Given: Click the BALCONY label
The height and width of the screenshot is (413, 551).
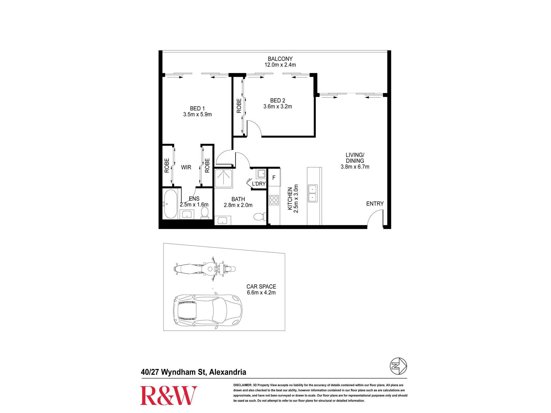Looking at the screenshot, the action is pyautogui.click(x=280, y=59).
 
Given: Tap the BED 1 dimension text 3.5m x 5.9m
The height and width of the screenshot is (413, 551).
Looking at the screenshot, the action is pyautogui.click(x=198, y=114).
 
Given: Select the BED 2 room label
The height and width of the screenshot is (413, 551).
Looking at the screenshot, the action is pyautogui.click(x=278, y=100).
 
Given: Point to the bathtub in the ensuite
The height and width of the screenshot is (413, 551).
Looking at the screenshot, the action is pyautogui.click(x=171, y=204).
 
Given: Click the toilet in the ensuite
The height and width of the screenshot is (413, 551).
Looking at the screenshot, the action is pyautogui.click(x=205, y=213).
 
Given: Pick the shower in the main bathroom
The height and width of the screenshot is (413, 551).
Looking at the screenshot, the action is pyautogui.click(x=223, y=179).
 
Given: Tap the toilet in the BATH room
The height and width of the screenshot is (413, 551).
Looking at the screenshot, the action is pyautogui.click(x=260, y=216).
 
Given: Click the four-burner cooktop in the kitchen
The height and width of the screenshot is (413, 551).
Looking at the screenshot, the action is pyautogui.click(x=274, y=200).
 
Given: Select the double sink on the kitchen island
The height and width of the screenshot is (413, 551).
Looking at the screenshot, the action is pyautogui.click(x=313, y=193).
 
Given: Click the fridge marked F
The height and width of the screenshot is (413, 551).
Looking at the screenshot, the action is pyautogui.click(x=274, y=178).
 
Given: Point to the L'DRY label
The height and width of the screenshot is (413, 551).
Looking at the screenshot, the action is pyautogui.click(x=259, y=184).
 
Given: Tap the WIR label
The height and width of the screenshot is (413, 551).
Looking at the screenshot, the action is pyautogui.click(x=186, y=167).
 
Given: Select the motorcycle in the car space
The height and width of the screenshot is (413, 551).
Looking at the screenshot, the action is pyautogui.click(x=205, y=269).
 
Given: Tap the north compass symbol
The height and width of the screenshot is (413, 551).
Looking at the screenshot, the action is pyautogui.click(x=398, y=366).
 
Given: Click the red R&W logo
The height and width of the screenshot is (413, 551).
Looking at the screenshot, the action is pyautogui.click(x=169, y=395).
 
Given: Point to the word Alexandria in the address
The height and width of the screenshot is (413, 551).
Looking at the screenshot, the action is pyautogui.click(x=228, y=372).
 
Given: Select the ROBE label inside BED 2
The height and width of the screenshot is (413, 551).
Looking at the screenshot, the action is pyautogui.click(x=239, y=106).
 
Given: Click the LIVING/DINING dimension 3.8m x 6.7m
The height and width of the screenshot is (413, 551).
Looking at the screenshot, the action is pyautogui.click(x=355, y=167).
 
